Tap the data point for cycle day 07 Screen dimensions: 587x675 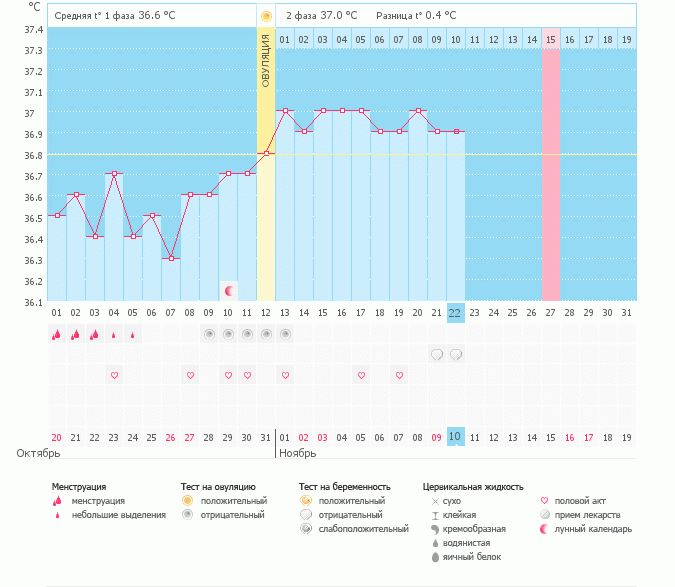171,258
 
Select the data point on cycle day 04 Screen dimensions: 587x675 114,174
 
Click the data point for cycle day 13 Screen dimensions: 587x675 285,111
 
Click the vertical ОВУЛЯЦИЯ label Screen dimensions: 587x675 266,60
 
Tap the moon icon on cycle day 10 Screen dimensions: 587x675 229,290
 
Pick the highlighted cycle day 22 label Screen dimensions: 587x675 455,313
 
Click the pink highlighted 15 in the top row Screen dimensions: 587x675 550,39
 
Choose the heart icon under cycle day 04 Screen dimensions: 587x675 114,375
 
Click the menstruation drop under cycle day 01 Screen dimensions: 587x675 57,335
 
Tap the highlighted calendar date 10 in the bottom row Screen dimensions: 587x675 455,437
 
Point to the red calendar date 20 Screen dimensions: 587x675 57,437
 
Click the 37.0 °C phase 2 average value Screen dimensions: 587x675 343,16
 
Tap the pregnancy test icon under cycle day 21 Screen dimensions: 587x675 437,354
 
